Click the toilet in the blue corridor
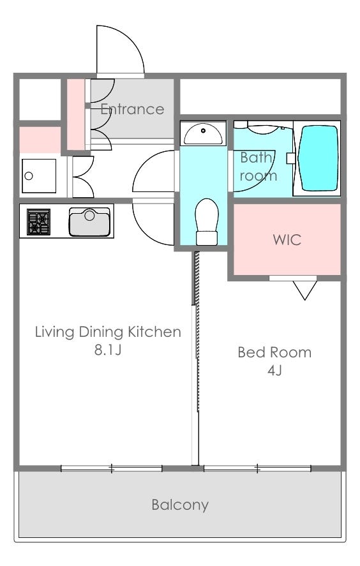pos(207,221)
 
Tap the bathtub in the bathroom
pos(319,158)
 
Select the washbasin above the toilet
pos(203,133)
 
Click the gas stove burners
pos(39,221)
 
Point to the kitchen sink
pos(89,221)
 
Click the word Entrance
pos(132,109)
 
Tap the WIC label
pos(287,240)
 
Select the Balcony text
pos(180,505)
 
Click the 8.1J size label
pos(108,350)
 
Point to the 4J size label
pos(274,370)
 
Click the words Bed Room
pos(274,352)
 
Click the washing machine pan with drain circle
pos(39,175)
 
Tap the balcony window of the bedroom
pos(257,468)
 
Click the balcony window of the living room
pos(112,468)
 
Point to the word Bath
pos(256,158)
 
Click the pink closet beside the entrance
pos(76,114)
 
